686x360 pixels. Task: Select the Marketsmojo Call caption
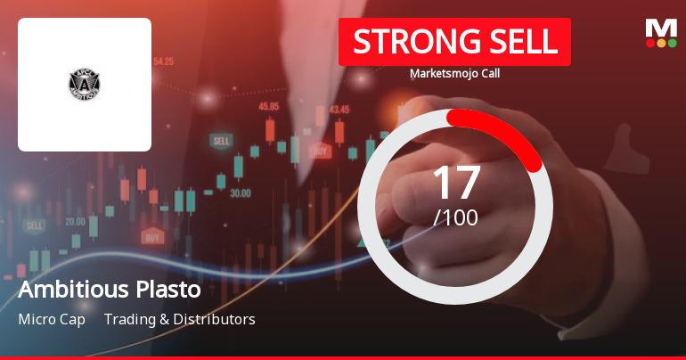454,74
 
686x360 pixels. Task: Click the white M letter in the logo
661,28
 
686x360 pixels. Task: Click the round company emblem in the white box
85,85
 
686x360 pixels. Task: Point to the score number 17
455,183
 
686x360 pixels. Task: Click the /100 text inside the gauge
455,217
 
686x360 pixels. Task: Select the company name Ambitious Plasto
110,290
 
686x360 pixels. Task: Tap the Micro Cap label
52,319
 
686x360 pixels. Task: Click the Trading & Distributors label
179,319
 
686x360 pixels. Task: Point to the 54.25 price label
163,61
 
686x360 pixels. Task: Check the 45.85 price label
269,106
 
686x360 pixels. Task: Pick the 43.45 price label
339,110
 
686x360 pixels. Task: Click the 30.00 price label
240,192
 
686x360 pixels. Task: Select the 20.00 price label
75,221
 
